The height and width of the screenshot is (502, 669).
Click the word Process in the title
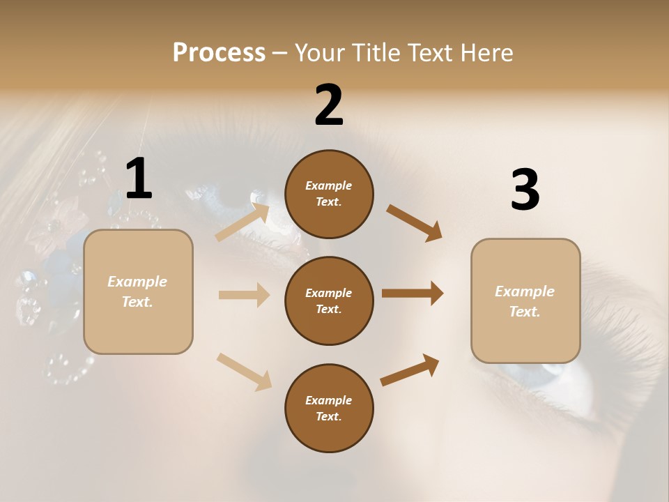219,53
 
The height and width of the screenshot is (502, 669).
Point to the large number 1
139,178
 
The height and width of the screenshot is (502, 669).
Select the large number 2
329,105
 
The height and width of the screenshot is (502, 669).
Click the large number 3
525,190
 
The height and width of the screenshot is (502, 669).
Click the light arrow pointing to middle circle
244,295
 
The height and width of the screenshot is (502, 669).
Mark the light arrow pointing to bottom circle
244,371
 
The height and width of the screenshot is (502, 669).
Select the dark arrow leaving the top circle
414,223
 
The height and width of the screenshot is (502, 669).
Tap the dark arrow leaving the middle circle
413,294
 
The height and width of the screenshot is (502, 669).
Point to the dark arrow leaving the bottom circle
410,370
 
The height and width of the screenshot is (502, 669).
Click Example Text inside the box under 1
137,291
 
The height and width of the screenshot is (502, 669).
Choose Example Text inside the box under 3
525,301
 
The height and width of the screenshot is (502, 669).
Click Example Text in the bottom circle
329,408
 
